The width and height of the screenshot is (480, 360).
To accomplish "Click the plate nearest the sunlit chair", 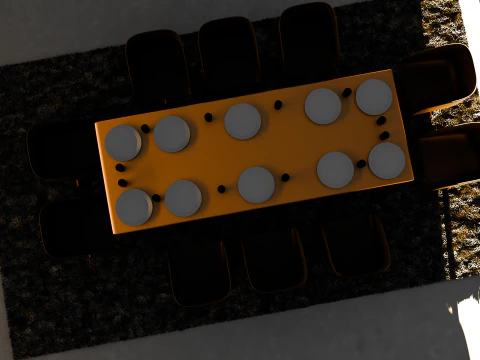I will pos(374,97).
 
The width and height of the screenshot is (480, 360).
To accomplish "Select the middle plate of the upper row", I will pos(243,121).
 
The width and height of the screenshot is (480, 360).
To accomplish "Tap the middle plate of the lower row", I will pos(257,184).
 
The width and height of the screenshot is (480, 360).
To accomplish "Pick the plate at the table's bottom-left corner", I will pos(134,206).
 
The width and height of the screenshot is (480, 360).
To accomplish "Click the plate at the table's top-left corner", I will pos(124,142).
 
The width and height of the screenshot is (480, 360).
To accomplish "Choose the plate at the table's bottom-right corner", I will pos(386,160).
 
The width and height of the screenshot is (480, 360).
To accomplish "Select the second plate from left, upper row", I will pos(172,133).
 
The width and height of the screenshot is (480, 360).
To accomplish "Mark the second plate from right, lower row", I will pos(335,170).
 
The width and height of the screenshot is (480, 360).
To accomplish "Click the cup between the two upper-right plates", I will pos(347,93).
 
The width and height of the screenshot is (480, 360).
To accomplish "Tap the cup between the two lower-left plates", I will pos(156,198).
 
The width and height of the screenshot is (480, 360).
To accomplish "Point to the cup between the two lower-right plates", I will pos(361,163).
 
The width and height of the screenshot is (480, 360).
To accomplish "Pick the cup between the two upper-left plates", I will pos(146,129).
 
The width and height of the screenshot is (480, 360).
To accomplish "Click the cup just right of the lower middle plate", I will pos(285,178).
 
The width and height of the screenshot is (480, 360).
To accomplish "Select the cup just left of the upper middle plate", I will pos(208,117).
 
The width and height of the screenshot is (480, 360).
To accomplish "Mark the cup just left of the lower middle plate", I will pos(222,188).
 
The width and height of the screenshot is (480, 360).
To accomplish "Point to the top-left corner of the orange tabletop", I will pos(97,124).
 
